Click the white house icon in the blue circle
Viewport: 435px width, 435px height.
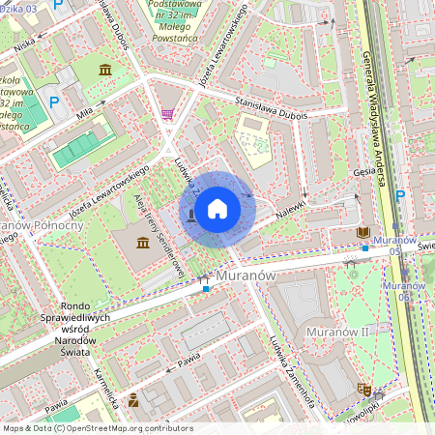[x=217, y=208]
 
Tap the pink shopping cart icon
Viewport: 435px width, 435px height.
[x=167, y=114]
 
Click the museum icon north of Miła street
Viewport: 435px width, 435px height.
[x=104, y=70]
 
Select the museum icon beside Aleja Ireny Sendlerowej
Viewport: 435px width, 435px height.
[x=144, y=241]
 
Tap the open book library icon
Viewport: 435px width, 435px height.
[x=363, y=232]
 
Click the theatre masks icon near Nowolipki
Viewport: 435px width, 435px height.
[x=363, y=389]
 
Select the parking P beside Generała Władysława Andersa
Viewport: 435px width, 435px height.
[x=399, y=195]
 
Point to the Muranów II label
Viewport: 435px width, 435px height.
[x=336, y=332]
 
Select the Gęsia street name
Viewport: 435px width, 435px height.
[x=364, y=171]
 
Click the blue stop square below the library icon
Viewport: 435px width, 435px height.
[x=365, y=247]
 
